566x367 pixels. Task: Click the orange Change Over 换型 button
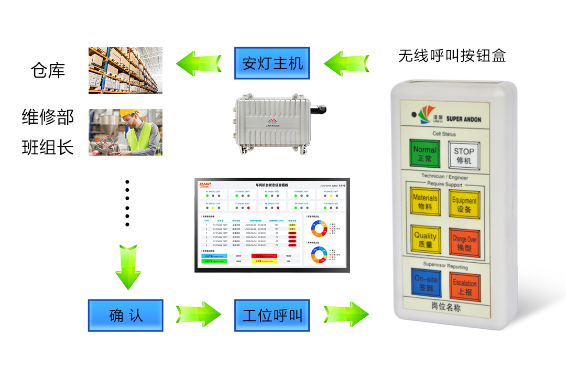click(x=465, y=243)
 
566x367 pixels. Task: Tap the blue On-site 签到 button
click(x=426, y=283)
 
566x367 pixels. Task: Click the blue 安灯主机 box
click(x=272, y=63)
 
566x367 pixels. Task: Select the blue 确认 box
click(x=126, y=316)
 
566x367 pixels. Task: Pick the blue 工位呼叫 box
click(x=272, y=316)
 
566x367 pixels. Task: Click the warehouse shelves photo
click(x=125, y=70)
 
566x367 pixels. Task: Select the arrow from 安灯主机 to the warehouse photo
click(x=199, y=64)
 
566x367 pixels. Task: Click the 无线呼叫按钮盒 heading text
click(x=452, y=56)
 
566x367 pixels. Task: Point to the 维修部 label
click(x=48, y=116)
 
